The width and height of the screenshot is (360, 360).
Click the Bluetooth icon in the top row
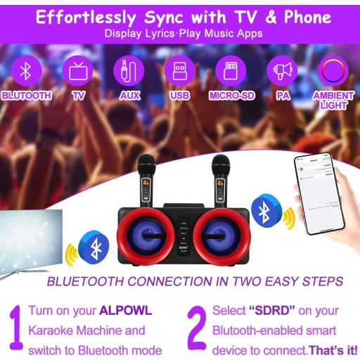tap(27, 71)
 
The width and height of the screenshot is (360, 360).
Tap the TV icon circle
tap(77, 71)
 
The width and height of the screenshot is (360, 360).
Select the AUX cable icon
tap(129, 71)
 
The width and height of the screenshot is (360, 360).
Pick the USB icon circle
tap(179, 71)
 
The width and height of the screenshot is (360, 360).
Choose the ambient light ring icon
tap(333, 71)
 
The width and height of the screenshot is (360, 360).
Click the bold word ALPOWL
tap(126, 311)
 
